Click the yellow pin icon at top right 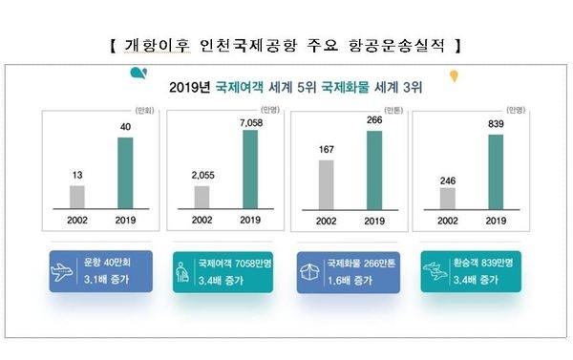coord(455,74)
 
